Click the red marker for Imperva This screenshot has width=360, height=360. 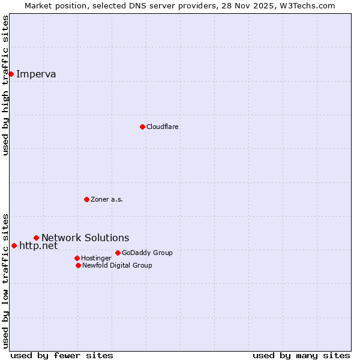pyautogui.click(x=11, y=74)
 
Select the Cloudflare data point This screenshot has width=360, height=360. pyautogui.click(x=142, y=127)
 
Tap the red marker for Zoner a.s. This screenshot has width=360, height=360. pyautogui.click(x=86, y=199)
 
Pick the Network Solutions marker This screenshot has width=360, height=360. pyautogui.click(x=36, y=238)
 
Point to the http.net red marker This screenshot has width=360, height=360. pyautogui.click(x=14, y=245)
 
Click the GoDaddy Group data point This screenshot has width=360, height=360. pyautogui.click(x=118, y=253)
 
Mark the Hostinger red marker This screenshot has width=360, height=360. pyautogui.click(x=77, y=258)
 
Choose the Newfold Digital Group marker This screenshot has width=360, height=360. pyautogui.click(x=78, y=265)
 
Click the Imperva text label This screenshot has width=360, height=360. pyautogui.click(x=36, y=74)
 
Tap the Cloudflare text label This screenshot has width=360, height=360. pyautogui.click(x=163, y=127)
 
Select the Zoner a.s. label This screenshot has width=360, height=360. pyautogui.click(x=107, y=199)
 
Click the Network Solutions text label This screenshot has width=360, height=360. pyautogui.click(x=85, y=238)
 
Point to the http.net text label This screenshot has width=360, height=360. pyautogui.click(x=38, y=245)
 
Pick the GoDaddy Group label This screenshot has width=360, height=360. pyautogui.click(x=147, y=253)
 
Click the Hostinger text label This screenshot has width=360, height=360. pyautogui.click(x=96, y=258)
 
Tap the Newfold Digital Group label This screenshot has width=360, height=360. pyautogui.click(x=117, y=265)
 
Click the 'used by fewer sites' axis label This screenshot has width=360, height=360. pyautogui.click(x=62, y=355)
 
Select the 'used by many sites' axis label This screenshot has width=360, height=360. pyautogui.click(x=301, y=355)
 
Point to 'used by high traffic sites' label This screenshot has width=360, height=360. pyautogui.click(x=5, y=85)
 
